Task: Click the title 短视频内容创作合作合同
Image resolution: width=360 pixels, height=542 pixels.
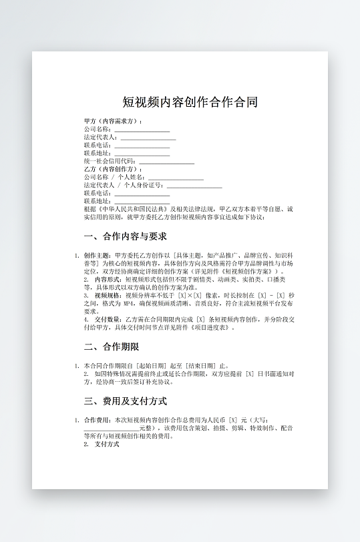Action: tap(190, 102)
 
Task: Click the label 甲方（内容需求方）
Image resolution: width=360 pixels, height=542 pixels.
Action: tap(112, 121)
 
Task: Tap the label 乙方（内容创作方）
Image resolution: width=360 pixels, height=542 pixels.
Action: tap(112, 169)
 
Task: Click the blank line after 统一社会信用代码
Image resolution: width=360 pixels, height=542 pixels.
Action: tap(166, 161)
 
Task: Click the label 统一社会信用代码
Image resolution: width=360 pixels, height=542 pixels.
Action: tap(110, 161)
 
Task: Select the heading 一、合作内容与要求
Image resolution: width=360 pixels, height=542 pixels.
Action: tap(125, 236)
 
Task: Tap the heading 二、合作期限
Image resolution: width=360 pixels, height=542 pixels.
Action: tap(111, 346)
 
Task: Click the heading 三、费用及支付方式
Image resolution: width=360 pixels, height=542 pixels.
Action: tap(125, 401)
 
